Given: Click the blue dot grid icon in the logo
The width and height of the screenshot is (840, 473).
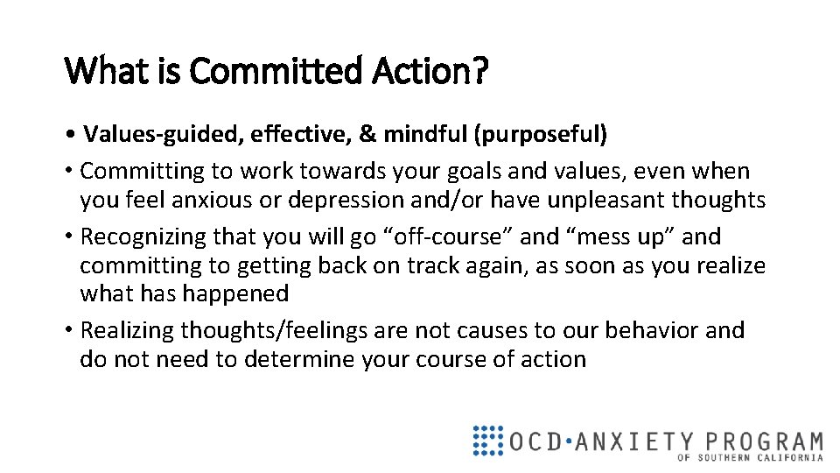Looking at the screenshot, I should tap(487, 441).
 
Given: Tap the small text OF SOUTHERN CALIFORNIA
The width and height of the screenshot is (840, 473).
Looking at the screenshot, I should tap(750, 457).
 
